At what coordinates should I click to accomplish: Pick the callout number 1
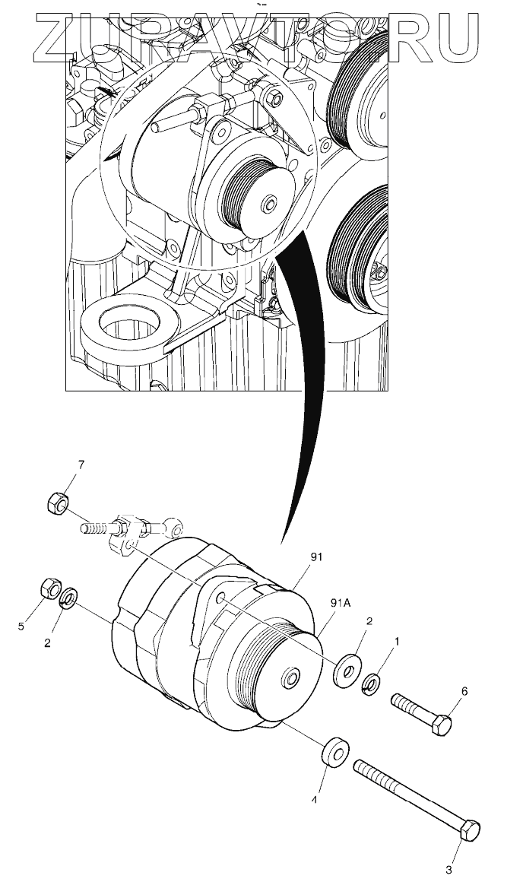tap(395, 641)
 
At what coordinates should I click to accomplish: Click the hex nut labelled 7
tap(57, 503)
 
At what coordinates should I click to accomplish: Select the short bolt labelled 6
tap(422, 714)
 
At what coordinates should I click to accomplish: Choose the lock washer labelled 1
tap(372, 684)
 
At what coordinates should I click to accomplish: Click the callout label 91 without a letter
tap(316, 557)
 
